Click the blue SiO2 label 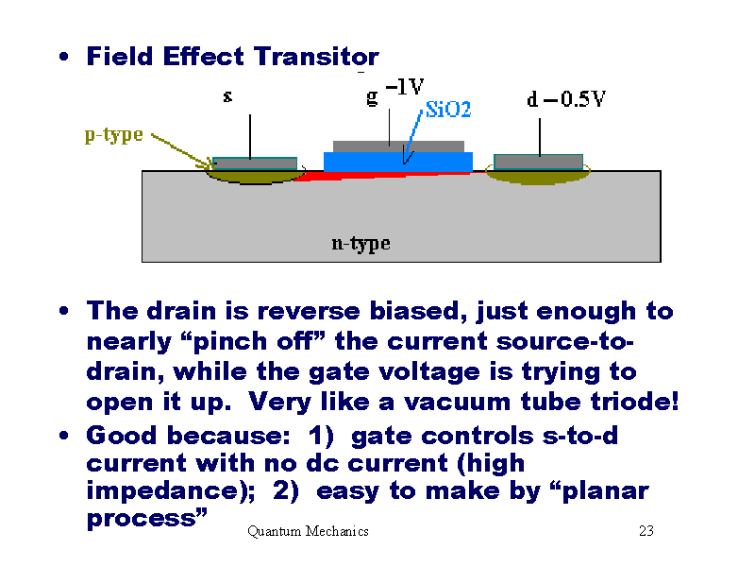point(448,111)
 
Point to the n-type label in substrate point(361,244)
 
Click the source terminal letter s point(227,96)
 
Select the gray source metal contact point(255,163)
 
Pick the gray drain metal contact point(538,161)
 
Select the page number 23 point(646,531)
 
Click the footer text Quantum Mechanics point(308,531)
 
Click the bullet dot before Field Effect point(62,58)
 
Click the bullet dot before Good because point(62,437)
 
